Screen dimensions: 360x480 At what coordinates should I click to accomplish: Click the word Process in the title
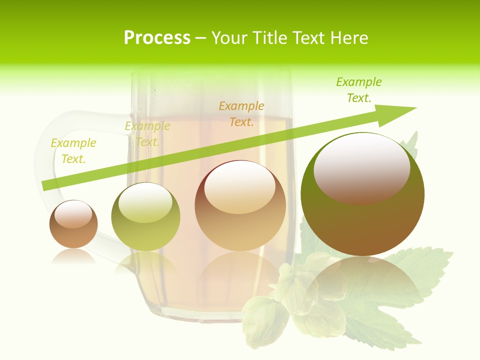pos(157,38)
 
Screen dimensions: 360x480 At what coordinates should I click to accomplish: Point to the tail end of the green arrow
pos(45,185)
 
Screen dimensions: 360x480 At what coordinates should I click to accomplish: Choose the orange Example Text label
pos(241,114)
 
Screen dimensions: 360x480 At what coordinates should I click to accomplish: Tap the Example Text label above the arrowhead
pos(359,90)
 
